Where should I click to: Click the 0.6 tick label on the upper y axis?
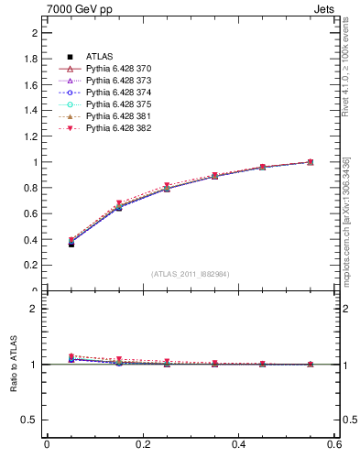click(31, 213)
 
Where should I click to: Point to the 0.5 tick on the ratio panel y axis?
click(31, 420)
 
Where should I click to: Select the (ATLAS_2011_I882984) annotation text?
click(191, 274)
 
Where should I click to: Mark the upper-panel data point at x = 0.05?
click(71, 244)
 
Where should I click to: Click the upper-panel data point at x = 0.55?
click(311, 162)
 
